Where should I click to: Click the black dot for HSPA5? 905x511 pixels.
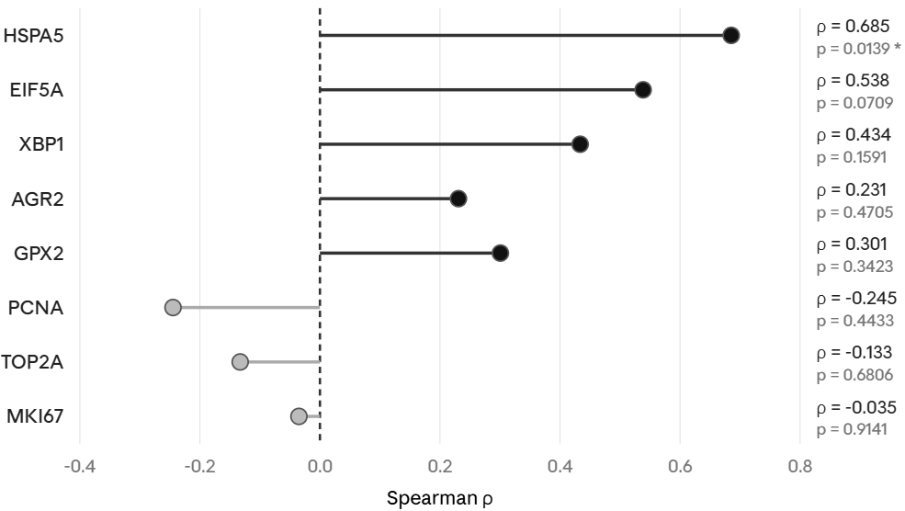click(x=730, y=36)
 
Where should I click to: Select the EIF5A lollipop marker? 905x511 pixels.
click(x=643, y=90)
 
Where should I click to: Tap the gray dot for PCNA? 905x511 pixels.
click(x=173, y=307)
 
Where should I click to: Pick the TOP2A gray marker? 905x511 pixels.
click(x=240, y=362)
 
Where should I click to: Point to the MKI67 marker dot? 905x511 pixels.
click(x=299, y=416)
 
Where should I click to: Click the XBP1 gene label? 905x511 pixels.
click(x=41, y=144)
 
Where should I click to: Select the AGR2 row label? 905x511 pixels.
click(x=37, y=199)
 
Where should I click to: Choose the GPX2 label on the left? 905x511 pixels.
click(x=38, y=253)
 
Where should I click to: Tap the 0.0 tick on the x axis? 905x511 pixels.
click(x=320, y=466)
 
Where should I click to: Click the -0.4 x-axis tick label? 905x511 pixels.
click(x=79, y=466)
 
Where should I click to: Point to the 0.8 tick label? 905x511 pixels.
click(x=800, y=466)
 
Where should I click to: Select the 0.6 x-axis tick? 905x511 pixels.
click(x=680, y=466)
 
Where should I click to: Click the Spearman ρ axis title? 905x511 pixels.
click(x=439, y=499)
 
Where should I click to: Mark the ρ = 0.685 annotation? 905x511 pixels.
click(x=853, y=27)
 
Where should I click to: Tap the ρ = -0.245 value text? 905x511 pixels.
click(x=856, y=299)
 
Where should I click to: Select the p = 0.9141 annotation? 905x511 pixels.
click(x=852, y=429)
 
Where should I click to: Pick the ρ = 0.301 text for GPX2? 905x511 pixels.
click(x=853, y=244)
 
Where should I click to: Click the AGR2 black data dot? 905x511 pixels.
click(x=458, y=199)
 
